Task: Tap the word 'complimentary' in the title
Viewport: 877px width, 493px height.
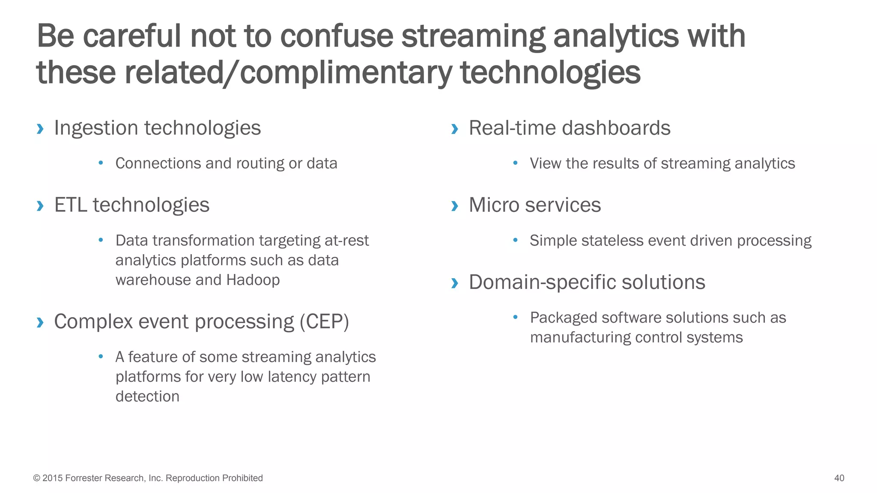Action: coord(346,72)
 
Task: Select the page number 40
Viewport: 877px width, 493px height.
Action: coord(839,478)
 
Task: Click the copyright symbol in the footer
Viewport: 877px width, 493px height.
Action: coord(36,478)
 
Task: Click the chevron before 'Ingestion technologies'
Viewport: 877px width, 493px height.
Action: coord(40,128)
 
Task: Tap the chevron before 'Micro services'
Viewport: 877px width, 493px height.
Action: coord(455,206)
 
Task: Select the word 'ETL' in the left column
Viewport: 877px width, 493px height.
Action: coord(71,205)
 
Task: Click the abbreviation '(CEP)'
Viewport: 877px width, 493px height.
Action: coord(324,321)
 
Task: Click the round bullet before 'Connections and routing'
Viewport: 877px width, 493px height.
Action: coord(101,163)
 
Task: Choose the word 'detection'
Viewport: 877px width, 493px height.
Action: coord(147,396)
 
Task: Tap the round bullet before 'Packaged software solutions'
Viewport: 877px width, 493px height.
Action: coord(516,317)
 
